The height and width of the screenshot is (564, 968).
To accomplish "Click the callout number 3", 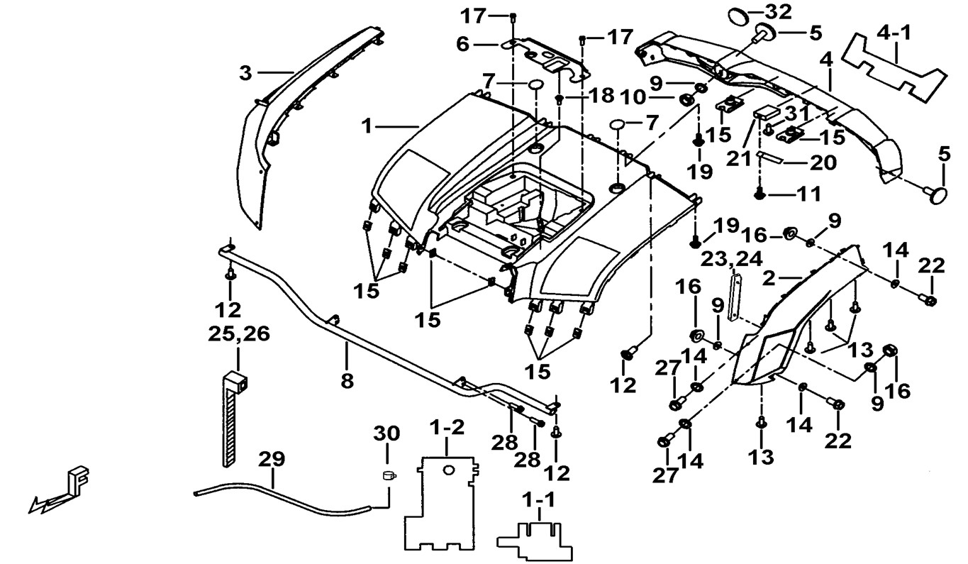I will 245,72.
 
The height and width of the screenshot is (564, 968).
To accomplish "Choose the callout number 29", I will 271,459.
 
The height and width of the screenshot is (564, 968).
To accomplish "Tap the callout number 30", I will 387,433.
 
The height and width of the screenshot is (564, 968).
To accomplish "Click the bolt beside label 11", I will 760,192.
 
